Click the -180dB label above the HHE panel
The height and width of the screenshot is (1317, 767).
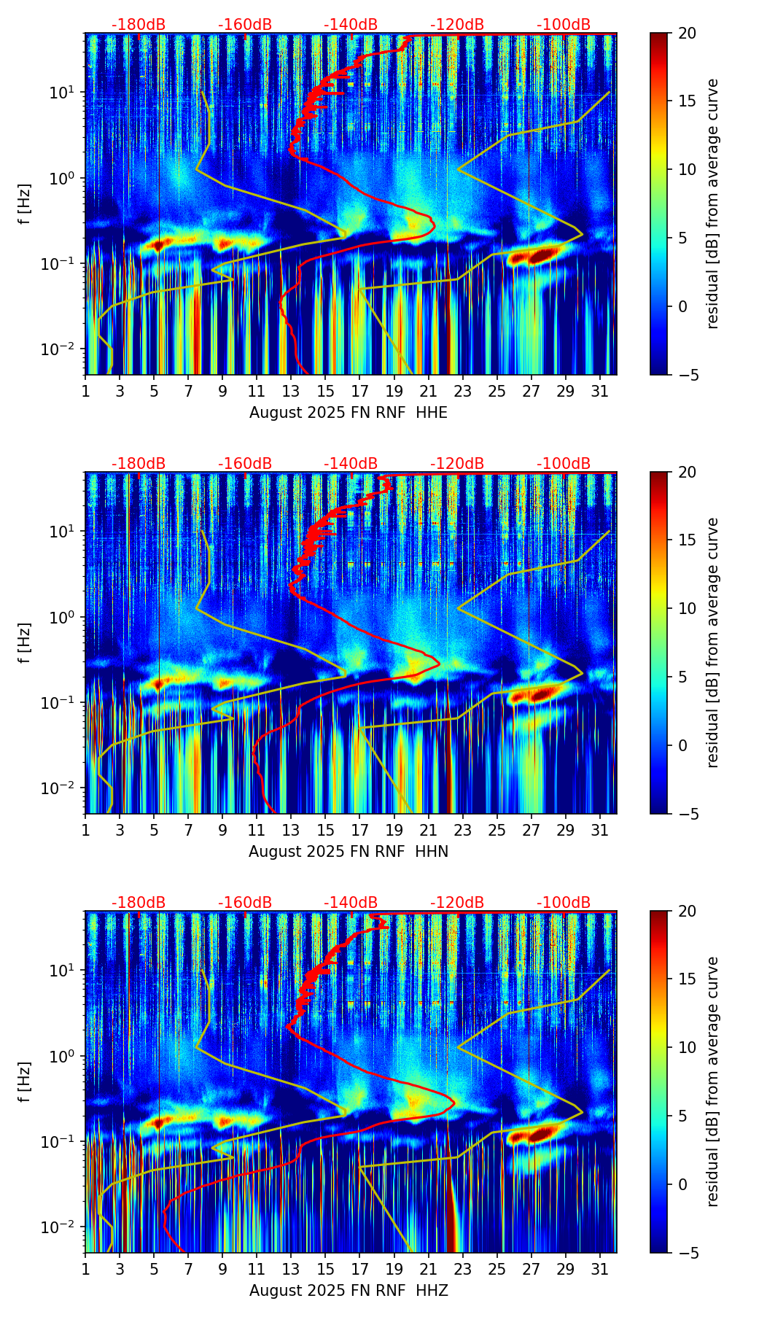pos(139,25)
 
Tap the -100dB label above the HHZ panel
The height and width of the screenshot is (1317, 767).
pos(564,903)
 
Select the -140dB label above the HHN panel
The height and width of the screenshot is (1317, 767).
pos(351,464)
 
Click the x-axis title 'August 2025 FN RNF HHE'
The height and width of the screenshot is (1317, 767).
pos(349,413)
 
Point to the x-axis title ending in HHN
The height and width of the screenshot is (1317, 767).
pos(349,852)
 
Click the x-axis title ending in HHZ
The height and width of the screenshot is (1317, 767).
pos(349,1291)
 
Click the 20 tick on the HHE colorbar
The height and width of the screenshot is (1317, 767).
pos(687,34)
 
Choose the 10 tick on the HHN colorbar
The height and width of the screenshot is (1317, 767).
pos(687,608)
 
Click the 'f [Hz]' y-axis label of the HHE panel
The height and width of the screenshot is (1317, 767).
pos(25,204)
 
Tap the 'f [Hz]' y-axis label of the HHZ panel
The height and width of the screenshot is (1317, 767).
pos(25,1082)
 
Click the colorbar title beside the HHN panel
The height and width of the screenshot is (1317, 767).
pos(713,642)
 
